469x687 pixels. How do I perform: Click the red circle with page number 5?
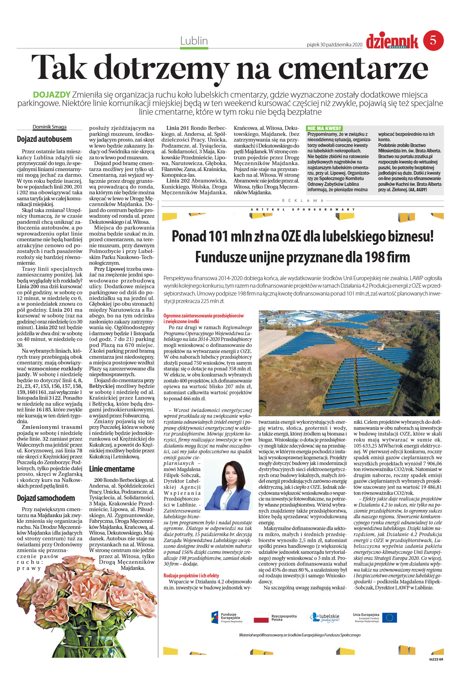click(433, 40)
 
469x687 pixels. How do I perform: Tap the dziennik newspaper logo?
click(392, 42)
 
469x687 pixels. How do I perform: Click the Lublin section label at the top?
click(194, 41)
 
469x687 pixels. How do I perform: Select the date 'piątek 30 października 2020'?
click(334, 45)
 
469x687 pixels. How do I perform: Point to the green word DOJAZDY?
click(52, 95)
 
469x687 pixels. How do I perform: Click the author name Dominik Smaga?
click(49, 127)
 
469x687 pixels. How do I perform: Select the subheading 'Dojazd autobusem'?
click(44, 139)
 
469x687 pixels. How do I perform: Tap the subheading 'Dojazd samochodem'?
click(46, 498)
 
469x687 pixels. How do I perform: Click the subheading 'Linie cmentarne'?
click(112, 469)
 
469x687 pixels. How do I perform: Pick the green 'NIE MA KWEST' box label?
click(324, 128)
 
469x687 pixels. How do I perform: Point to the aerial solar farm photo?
click(349, 363)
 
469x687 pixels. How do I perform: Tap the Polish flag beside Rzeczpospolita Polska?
click(261, 618)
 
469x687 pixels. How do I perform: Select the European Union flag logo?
click(390, 618)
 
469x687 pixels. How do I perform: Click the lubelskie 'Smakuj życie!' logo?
click(325, 618)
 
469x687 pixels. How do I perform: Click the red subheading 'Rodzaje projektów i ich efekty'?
click(191, 575)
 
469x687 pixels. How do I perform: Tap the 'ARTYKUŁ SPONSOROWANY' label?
click(303, 209)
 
